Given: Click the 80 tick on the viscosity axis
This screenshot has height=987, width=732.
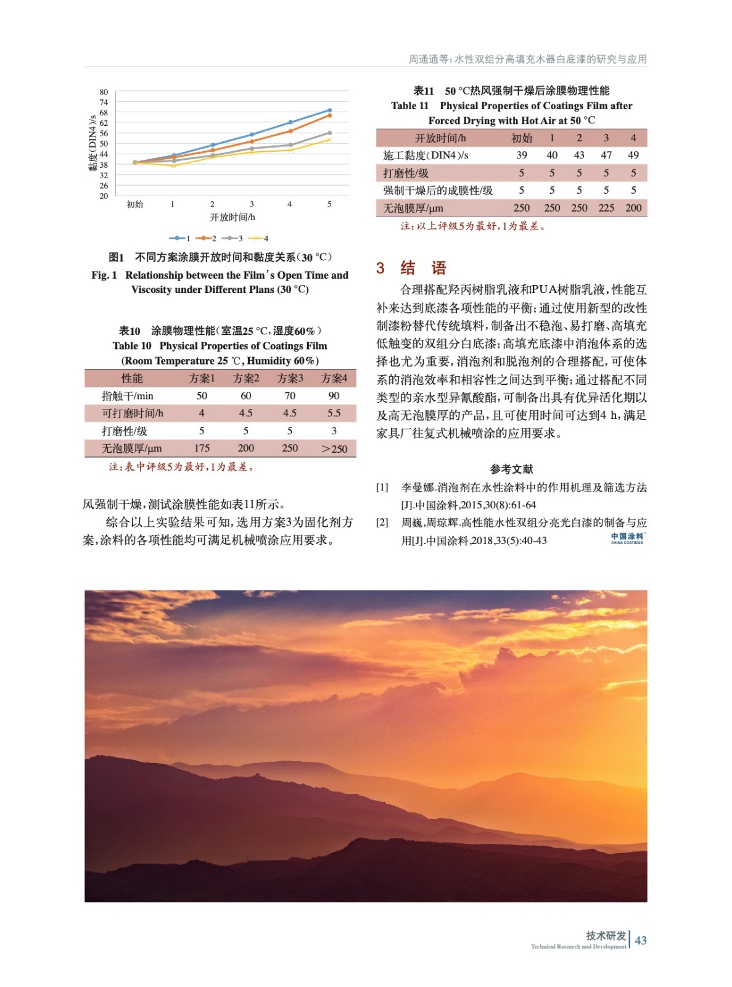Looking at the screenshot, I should coord(104,93).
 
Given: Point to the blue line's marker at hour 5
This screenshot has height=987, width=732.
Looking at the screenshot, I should coord(329,110).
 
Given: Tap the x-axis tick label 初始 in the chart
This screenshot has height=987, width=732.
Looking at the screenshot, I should coord(134,204).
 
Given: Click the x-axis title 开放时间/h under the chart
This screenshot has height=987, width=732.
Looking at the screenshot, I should coord(232,217).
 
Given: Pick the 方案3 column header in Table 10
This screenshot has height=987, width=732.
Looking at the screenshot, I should coord(290,378).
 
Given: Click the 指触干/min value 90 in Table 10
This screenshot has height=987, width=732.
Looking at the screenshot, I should coord(334,396).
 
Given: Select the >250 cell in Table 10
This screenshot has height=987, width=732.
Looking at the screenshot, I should coord(334,448).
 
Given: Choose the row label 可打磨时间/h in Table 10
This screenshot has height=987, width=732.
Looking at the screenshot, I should coord(132,413).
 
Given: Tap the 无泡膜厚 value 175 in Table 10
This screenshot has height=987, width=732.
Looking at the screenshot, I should coord(202,448).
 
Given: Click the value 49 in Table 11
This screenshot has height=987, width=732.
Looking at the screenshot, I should coord(633,155).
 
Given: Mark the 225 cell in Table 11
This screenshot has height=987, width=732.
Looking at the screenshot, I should coord(606,208).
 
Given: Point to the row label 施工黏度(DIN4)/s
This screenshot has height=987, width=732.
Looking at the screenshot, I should coord(426,155).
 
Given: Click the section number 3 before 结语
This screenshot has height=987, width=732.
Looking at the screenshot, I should coord(380,268).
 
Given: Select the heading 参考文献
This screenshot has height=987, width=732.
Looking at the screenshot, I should coord(511,469).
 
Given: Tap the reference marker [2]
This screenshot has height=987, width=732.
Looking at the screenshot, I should coord(382,522).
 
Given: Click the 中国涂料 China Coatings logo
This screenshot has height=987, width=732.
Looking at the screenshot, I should coord(627,539).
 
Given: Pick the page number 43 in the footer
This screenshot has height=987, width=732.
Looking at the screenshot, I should coord(641,940).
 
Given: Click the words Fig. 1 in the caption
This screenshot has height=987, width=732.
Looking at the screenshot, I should coord(104,275).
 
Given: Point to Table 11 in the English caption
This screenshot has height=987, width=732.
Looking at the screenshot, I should coord(409,105).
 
